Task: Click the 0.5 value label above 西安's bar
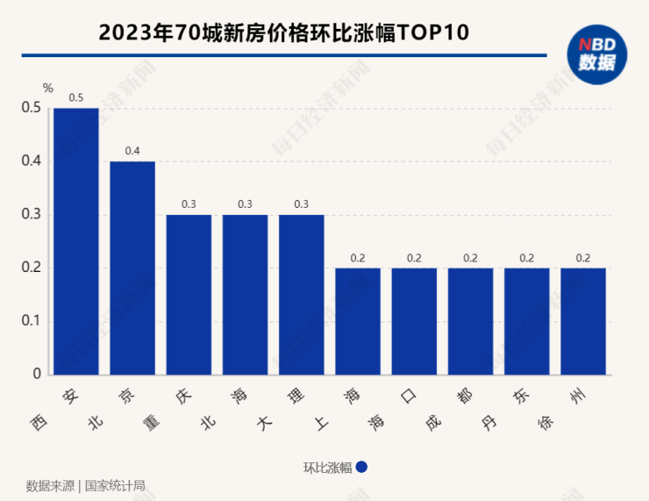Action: click(76, 98)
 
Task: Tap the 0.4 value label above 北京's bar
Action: click(132, 151)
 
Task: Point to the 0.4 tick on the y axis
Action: click(32, 161)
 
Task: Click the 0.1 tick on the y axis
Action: click(32, 321)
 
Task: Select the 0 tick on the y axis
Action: click(38, 375)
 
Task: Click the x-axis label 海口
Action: click(395, 408)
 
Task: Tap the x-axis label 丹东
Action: click(506, 408)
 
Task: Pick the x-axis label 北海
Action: click(225, 408)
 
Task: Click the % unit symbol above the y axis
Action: click(48, 88)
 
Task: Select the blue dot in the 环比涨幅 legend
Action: click(361, 468)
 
